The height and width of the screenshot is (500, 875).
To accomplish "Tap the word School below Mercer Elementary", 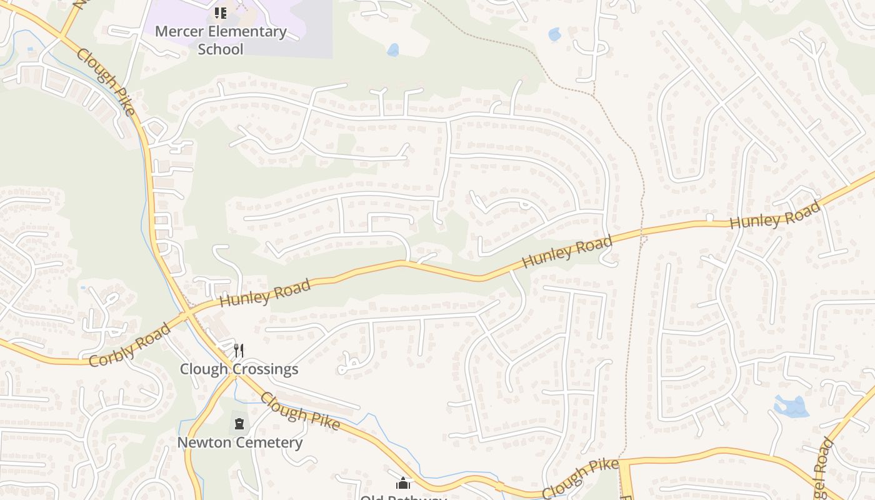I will coord(221,49).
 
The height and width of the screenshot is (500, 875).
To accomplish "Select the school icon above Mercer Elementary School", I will coord(220,12).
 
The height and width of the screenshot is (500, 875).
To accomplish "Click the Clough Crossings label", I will coord(239,369).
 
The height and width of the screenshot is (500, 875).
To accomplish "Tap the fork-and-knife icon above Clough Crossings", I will coord(238,350).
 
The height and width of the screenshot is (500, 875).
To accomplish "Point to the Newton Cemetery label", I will coord(240,442).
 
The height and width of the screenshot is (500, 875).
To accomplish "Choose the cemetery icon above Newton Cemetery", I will coord(239,424).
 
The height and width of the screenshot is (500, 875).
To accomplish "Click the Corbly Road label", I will coord(129,344).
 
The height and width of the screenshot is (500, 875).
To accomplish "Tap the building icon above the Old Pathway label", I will coord(403,483).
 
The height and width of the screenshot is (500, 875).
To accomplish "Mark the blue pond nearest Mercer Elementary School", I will coord(392,49).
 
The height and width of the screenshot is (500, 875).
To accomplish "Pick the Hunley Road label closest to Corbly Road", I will coord(265,292).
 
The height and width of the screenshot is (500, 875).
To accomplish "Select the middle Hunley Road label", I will coord(567,251).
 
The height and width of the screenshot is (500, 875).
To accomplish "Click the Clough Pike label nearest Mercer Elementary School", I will coord(106,82).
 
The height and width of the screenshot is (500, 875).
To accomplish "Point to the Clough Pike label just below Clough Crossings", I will coord(300,411).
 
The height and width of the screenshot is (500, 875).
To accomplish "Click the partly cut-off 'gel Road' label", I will coord(824,466).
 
